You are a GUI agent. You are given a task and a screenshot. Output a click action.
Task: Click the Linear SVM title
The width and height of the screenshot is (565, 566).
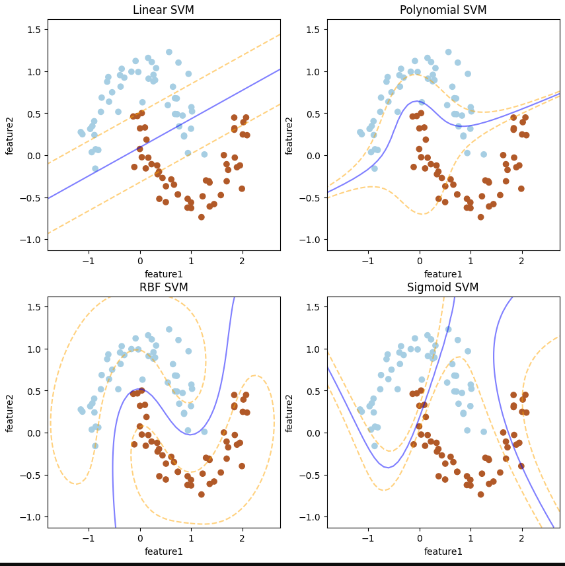point(163,10)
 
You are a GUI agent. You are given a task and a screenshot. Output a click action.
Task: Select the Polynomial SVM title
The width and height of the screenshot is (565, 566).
point(443,10)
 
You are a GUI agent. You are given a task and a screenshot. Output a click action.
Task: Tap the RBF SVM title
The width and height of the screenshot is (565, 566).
point(163,287)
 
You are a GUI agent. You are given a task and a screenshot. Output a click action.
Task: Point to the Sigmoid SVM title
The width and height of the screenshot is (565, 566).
point(443,287)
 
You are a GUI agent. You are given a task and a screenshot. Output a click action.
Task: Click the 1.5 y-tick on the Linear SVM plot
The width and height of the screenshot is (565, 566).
point(33,30)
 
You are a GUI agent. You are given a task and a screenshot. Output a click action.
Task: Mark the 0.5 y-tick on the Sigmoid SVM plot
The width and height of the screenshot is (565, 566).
point(313,391)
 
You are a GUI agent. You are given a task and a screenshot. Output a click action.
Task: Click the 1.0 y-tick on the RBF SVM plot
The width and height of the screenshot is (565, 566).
point(33,349)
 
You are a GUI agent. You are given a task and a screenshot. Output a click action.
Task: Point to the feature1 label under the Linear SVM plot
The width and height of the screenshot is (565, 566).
point(163,273)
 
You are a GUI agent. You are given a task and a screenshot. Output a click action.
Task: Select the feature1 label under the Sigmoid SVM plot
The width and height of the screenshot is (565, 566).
point(443,551)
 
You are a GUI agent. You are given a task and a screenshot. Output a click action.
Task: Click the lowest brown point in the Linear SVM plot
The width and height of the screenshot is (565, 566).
point(202,217)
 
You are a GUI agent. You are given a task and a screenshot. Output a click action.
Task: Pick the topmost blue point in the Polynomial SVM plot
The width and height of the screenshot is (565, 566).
point(448,52)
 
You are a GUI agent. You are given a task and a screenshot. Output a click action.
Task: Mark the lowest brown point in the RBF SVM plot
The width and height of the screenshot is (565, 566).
point(202,494)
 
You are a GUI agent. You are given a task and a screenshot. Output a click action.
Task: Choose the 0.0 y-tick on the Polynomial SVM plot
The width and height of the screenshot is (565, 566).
point(313,156)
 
